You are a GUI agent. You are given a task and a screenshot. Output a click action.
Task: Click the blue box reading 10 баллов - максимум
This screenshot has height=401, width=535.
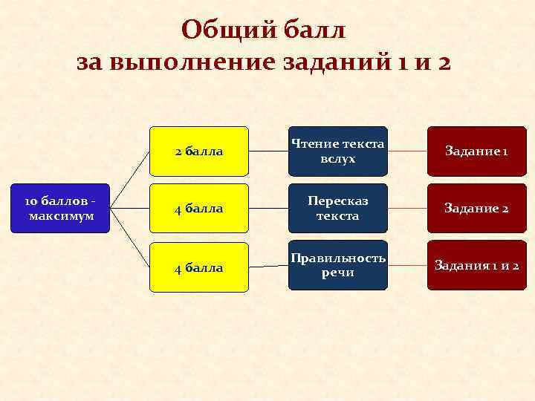59,209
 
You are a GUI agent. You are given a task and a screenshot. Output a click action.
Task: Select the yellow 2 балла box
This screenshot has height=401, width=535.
199,151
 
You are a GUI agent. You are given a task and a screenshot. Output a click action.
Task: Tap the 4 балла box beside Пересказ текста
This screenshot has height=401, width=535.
199,209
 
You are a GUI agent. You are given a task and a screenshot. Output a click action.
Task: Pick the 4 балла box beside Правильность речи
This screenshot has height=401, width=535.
199,267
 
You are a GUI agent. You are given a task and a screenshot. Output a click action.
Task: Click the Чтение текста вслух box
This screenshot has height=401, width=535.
338,151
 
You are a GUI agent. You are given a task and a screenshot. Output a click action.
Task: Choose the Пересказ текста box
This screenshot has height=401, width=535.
338,209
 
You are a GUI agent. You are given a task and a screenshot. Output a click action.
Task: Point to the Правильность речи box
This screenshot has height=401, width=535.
338,265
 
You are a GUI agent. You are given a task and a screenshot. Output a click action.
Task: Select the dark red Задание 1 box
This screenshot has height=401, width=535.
476,151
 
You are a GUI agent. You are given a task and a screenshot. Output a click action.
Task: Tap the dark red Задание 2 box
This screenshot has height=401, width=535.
476,209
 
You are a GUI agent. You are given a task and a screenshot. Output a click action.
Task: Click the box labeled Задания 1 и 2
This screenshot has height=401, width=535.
476,265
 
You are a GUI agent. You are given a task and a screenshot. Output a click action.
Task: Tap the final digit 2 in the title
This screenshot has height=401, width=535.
444,62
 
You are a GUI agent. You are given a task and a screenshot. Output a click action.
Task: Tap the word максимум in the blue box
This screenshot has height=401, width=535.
59,216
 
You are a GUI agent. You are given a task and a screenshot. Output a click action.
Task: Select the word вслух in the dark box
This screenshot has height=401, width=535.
338,159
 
